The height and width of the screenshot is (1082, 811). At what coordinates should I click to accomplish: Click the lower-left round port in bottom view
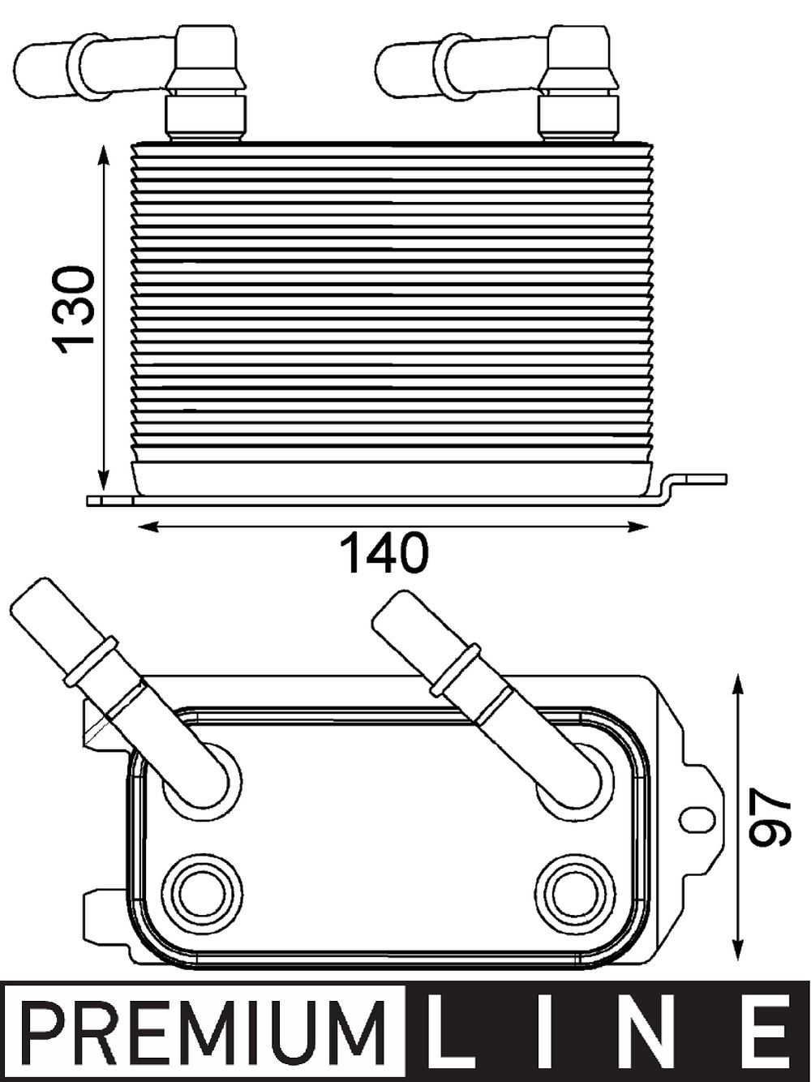tap(202, 892)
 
